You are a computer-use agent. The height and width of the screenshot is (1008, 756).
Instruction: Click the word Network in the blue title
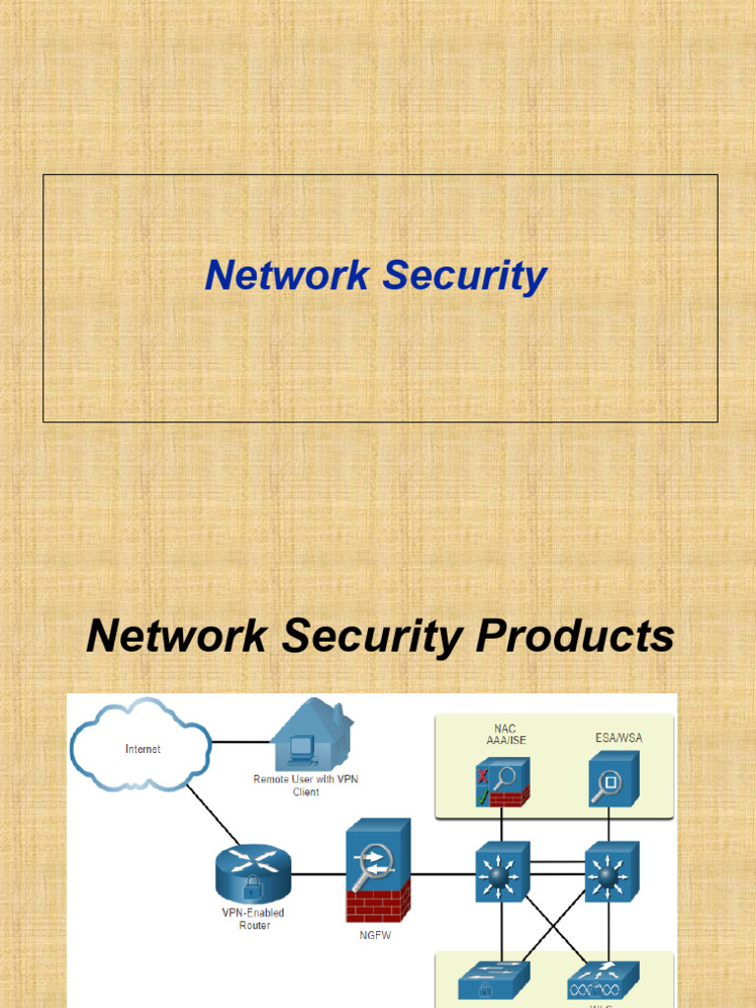click(287, 276)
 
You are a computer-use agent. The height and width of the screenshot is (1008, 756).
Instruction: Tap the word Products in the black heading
click(575, 636)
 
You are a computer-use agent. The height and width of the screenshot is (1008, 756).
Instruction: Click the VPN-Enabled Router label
click(254, 919)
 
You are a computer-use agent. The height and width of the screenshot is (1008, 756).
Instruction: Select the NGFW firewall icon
click(377, 870)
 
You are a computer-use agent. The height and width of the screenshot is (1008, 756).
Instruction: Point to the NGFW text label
click(375, 935)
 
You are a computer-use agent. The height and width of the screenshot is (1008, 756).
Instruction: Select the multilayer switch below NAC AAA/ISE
click(502, 872)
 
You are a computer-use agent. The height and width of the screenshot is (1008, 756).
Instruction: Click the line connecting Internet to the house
click(240, 741)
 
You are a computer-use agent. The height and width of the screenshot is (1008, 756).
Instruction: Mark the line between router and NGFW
click(317, 874)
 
